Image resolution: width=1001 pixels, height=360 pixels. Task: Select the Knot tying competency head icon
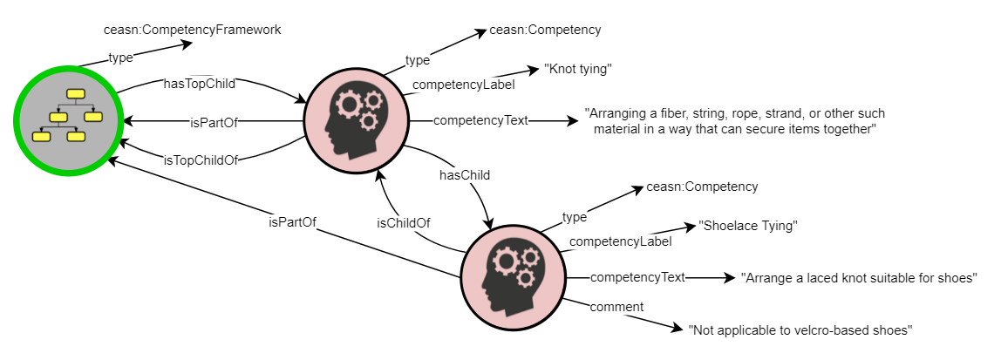click(x=355, y=120)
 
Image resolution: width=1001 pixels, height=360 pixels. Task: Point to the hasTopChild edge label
click(x=200, y=85)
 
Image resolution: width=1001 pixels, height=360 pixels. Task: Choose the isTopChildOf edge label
click(x=201, y=160)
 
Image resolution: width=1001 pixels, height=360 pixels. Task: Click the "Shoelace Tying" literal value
click(x=748, y=226)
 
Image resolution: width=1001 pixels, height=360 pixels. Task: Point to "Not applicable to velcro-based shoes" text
click(x=800, y=330)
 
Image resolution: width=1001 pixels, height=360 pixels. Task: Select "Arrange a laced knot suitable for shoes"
click(x=858, y=278)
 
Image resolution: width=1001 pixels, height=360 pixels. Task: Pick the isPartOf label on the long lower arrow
click(x=291, y=221)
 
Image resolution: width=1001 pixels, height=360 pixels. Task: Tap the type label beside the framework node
click(x=120, y=58)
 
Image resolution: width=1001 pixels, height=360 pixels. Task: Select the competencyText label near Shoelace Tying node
click(x=637, y=278)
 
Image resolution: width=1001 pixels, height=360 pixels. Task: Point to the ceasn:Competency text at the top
click(x=546, y=31)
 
